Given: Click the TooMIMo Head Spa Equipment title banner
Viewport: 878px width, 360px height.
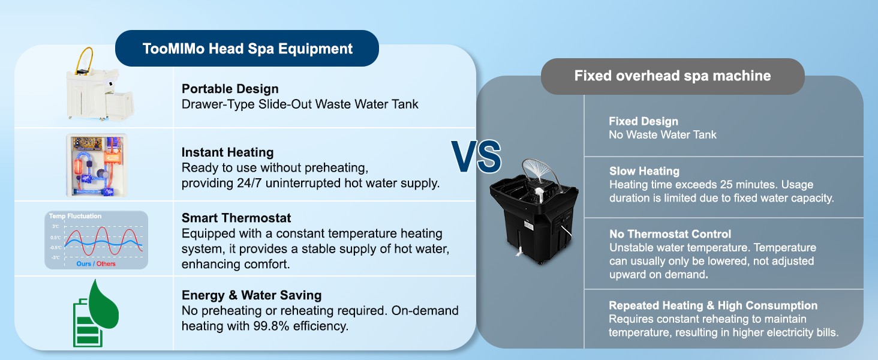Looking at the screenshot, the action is pos(247,48).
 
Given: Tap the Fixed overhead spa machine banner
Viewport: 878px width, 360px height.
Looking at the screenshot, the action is pos(673,76).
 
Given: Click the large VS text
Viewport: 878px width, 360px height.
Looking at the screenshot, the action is pos(476,157).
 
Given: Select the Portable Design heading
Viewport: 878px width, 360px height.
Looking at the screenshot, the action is pos(230,89).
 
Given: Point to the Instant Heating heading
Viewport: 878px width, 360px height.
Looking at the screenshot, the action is pos(227,152).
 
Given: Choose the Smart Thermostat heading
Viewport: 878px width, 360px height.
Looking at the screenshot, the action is pos(236,218).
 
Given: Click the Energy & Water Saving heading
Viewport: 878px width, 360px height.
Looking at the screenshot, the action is pos(252,295).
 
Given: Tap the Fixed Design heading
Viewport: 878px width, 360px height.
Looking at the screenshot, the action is pos(644,122).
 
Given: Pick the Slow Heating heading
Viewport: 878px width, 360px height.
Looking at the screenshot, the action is pos(644,172).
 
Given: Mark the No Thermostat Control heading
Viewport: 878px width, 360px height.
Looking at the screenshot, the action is pos(670,234).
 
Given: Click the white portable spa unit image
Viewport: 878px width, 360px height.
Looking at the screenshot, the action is pos(100,84).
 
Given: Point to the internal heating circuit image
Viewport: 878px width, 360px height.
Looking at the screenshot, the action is pos(97,165).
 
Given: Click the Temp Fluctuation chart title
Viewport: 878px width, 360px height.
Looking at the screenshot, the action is pos(75,216).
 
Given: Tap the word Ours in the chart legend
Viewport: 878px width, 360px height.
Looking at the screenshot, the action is pos(83,264).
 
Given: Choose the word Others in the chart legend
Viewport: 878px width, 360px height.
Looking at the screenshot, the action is pos(106,264).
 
